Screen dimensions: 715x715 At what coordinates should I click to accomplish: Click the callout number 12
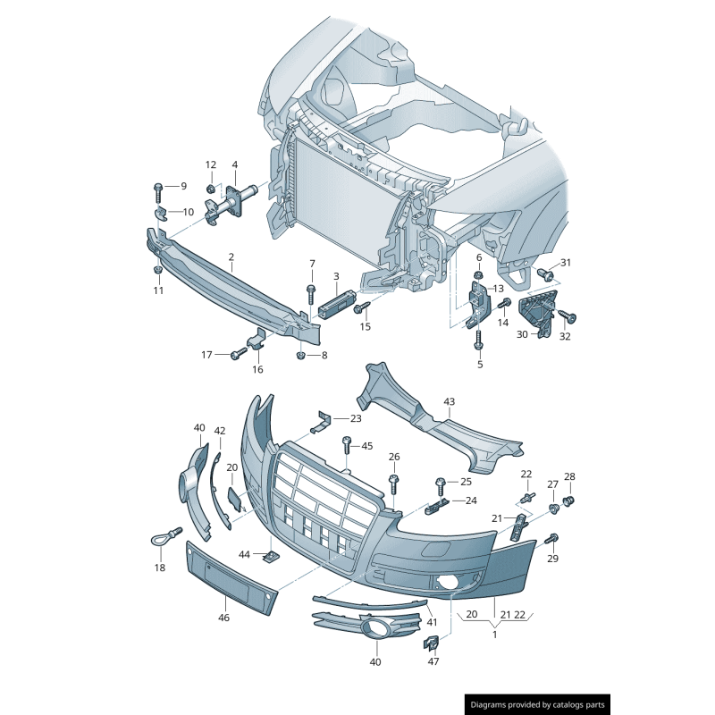coord(211,164)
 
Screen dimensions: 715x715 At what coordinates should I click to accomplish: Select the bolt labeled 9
coord(158,193)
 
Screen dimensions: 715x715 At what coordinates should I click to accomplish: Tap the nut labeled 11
coord(158,270)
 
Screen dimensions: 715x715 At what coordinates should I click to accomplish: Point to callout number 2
coord(231,257)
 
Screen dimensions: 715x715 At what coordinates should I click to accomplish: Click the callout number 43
coord(450,401)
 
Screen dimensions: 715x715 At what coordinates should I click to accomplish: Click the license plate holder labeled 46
coord(231,577)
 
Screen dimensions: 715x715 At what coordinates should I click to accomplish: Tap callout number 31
coord(566,263)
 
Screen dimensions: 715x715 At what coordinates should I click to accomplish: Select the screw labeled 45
coord(347,444)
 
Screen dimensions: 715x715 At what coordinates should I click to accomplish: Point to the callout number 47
coord(433,661)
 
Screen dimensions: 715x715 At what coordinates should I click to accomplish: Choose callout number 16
coord(257,369)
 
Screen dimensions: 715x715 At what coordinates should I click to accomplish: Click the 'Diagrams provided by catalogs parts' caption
coord(538,705)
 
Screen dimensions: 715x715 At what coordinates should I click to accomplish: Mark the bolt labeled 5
coord(478,340)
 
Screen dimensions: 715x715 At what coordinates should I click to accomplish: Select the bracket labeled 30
coord(538,313)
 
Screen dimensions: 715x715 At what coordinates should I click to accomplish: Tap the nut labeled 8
coord(300,355)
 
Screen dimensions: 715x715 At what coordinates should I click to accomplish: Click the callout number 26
coord(394,457)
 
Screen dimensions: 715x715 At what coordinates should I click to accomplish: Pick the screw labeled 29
coord(551,539)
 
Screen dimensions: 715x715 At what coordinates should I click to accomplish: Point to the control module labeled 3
coord(336,303)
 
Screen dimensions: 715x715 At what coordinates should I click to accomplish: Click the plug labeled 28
coord(568,501)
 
